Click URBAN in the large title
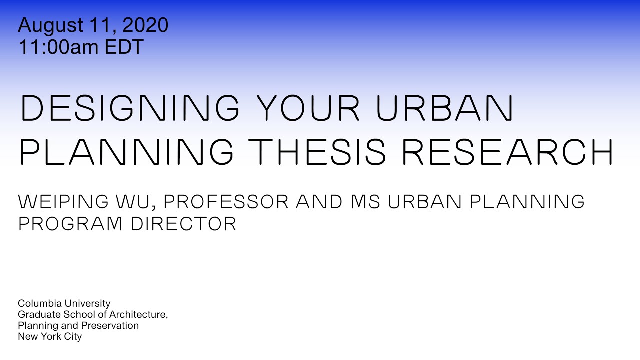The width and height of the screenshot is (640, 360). [x=445, y=108]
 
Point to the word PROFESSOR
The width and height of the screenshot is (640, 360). [x=226, y=202]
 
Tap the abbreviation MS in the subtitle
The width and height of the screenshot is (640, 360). [x=364, y=202]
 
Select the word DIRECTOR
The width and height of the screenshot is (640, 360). [x=184, y=224]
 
